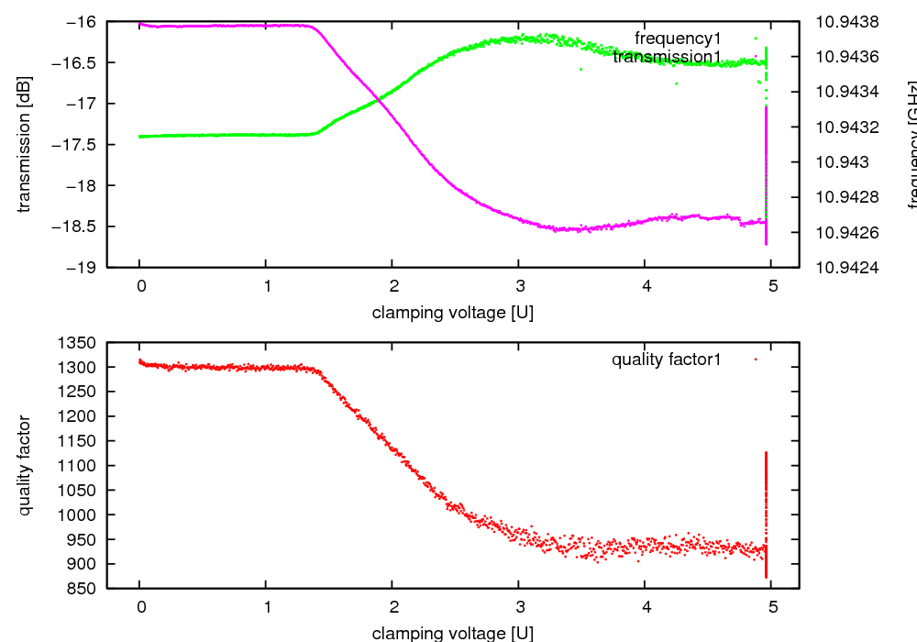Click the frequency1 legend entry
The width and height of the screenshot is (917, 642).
point(678,39)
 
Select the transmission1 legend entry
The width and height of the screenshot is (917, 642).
point(667,58)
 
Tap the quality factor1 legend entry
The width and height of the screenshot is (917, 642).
point(667,360)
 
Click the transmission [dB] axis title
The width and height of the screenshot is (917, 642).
point(25,144)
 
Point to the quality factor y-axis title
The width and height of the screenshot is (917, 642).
point(25,465)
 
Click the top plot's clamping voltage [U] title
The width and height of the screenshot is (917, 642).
point(452,313)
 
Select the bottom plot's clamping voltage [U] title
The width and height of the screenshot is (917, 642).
point(452,633)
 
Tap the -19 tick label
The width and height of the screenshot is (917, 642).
point(84,268)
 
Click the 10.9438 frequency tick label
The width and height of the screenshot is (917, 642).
point(846,22)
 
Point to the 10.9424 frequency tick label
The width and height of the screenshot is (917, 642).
point(846,268)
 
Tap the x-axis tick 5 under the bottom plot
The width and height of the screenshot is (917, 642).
point(772,606)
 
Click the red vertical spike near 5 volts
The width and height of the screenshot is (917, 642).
point(766,514)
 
